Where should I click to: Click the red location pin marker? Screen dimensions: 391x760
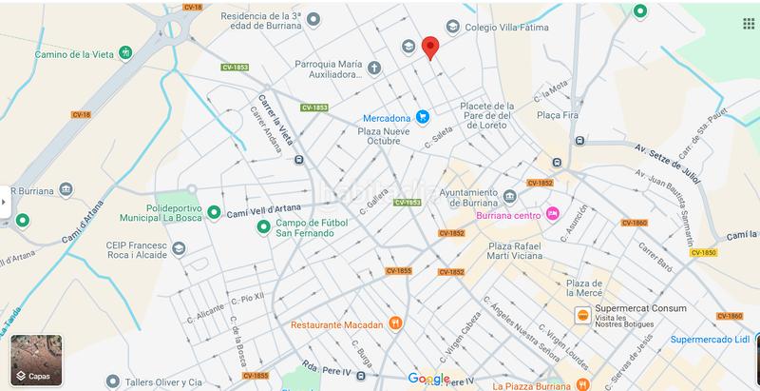click(429, 47)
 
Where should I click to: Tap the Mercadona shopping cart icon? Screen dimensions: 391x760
click(423, 118)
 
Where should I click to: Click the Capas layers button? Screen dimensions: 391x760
click(36, 360)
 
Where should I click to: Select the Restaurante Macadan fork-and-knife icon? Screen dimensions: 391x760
click(396, 324)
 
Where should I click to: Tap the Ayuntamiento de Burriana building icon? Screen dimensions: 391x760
click(510, 197)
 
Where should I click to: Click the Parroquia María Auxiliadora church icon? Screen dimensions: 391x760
click(374, 68)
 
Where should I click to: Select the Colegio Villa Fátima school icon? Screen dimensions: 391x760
click(453, 27)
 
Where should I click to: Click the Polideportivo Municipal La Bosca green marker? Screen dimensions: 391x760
click(214, 212)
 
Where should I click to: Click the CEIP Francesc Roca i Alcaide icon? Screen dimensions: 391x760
click(179, 248)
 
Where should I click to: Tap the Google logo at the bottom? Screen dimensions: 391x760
click(428, 379)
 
